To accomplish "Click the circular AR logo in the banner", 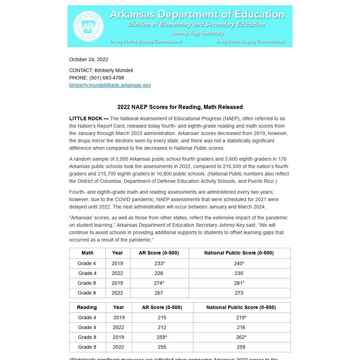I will (88, 26).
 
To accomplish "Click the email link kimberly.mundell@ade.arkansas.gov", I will (110, 85).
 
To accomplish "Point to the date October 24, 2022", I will (89, 59).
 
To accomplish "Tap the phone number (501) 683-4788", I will (107, 78).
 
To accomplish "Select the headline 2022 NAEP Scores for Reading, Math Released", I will (180, 107).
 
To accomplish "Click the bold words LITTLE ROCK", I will (86, 118).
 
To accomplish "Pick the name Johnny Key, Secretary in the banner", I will (197, 33).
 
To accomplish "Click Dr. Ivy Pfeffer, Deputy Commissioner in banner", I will (146, 41).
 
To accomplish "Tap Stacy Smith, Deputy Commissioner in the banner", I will (250, 41).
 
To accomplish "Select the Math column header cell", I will (88, 253).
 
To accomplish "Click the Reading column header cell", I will (87, 307).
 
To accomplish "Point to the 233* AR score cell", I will (160, 263).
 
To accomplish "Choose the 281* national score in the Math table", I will (239, 283).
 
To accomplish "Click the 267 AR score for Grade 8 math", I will (159, 293).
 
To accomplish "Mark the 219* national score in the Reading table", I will (241, 317).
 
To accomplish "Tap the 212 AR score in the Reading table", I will (162, 327).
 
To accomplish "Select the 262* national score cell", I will (241, 337).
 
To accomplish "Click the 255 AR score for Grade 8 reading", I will (162, 347).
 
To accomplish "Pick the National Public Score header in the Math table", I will (239, 253).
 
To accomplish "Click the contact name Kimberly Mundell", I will (114, 70).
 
